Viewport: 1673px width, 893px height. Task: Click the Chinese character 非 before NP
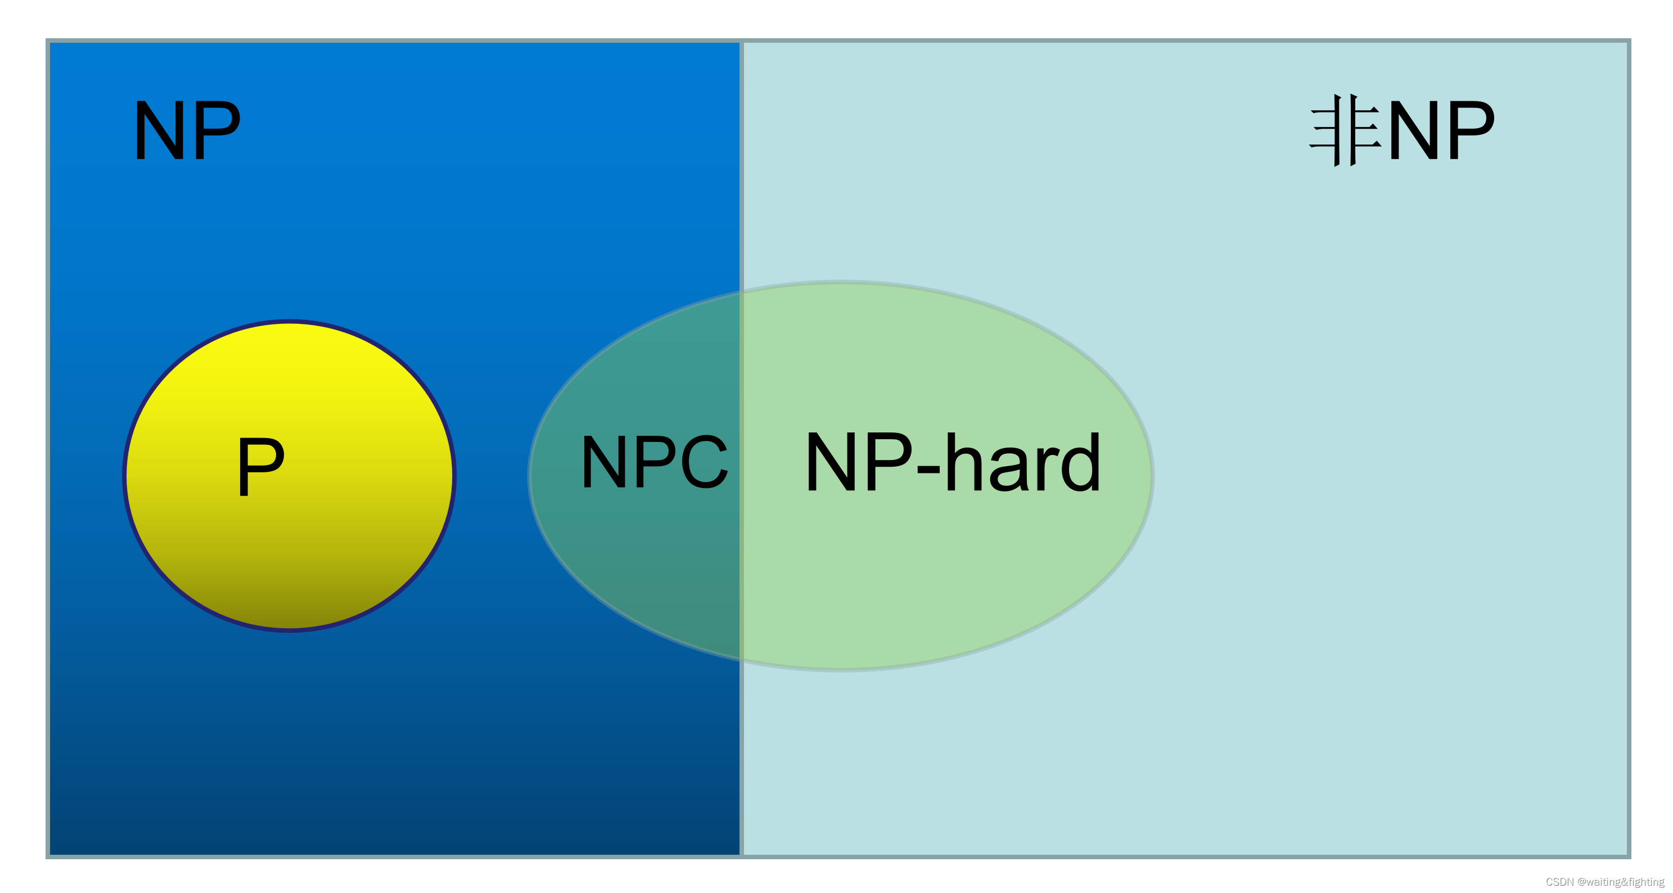coord(1345,130)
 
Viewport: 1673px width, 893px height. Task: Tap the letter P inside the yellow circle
coord(260,466)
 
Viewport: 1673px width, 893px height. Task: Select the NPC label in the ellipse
coord(654,461)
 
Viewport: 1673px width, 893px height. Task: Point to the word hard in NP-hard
coord(1023,462)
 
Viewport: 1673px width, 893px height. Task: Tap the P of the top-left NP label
coord(217,130)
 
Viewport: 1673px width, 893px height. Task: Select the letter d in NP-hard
coord(1079,462)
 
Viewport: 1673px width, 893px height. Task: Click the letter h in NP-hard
coord(966,462)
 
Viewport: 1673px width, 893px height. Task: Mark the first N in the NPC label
coord(604,461)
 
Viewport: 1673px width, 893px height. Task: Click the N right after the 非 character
coord(1413,130)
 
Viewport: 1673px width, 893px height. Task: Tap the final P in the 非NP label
coord(1471,130)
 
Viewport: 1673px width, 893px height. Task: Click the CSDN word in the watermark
coord(1559,882)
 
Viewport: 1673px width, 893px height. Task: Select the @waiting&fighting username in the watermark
coord(1620,882)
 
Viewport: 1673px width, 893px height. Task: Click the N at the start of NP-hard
coord(831,462)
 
